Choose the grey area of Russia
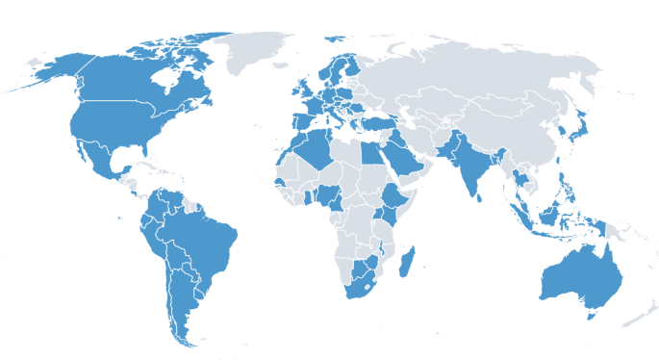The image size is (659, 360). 462,67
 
